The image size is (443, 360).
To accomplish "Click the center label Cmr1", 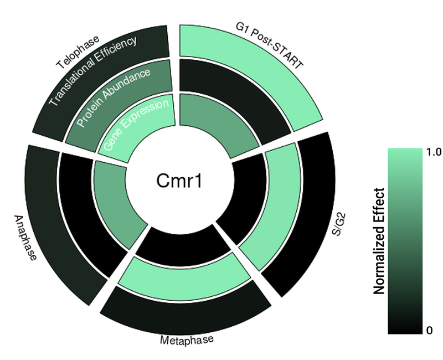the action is coord(179,181).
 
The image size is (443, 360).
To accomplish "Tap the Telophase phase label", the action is coord(78,52).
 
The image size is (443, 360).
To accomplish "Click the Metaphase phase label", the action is coord(187,340).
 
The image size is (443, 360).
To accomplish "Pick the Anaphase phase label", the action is coord(25,238).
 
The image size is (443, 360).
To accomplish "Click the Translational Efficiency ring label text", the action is coord(93,71).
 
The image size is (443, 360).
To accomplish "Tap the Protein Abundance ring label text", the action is coord(114,97).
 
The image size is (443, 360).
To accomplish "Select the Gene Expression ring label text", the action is coord(136,125).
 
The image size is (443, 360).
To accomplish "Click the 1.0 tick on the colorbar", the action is coord(434,152).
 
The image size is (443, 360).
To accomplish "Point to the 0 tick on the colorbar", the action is coord(430,330).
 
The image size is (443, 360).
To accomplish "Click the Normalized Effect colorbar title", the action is coord(379,241).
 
